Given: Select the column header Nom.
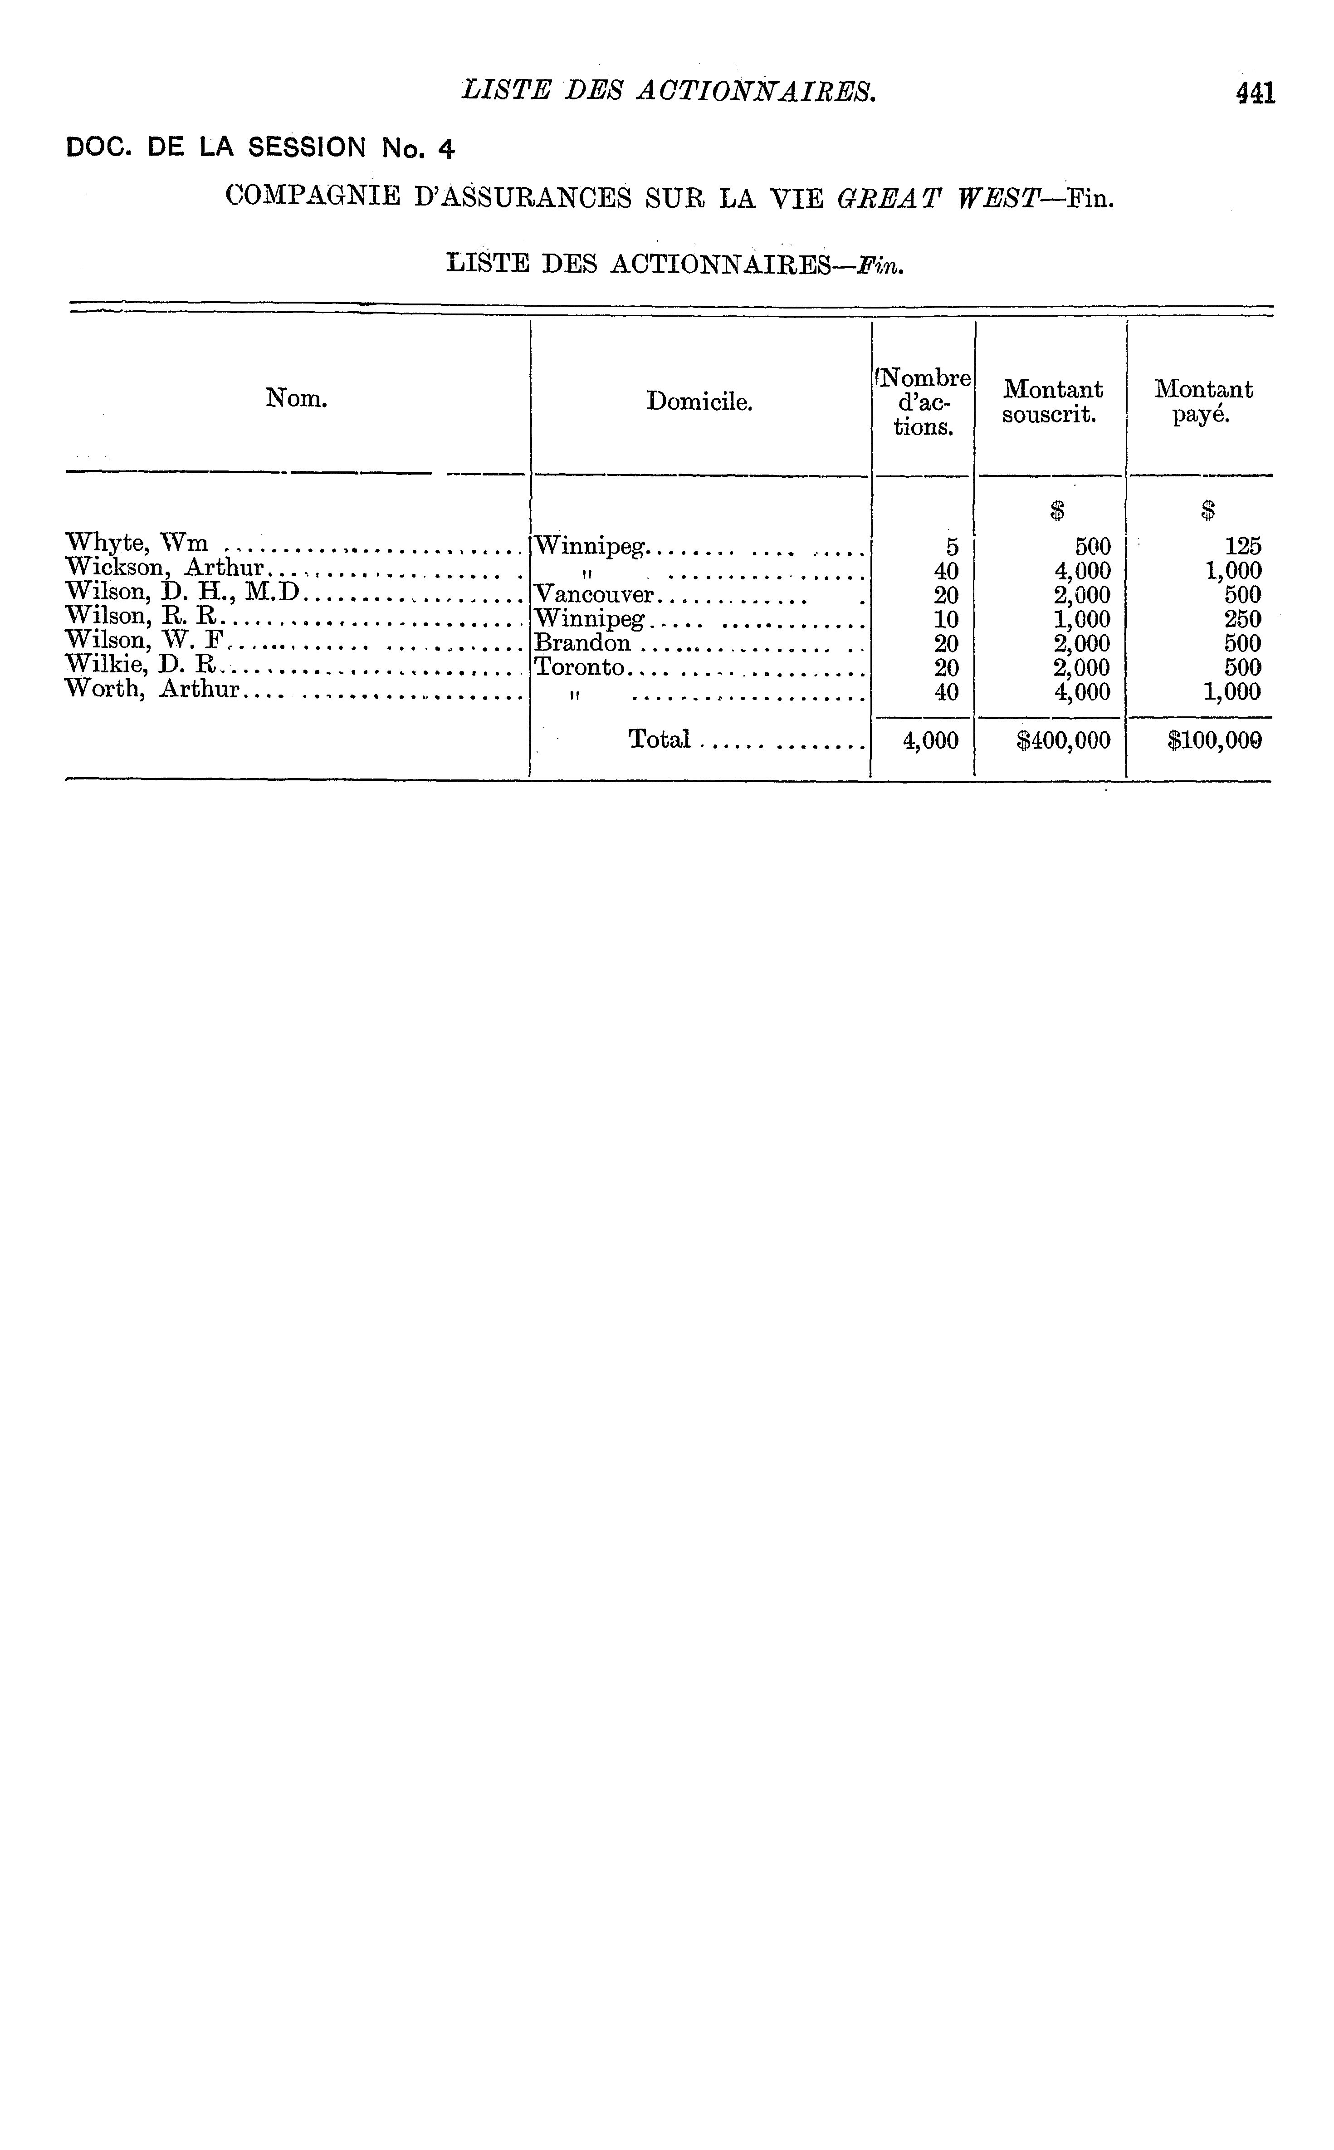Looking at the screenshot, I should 297,399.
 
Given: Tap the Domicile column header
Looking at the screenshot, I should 699,402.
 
